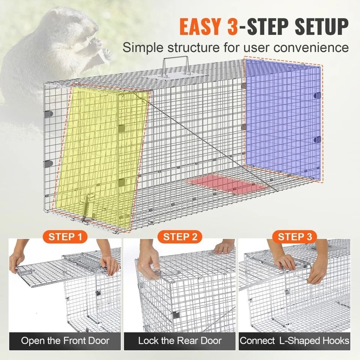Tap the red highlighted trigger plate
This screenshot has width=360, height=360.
[x=227, y=184]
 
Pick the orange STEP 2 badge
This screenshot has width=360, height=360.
[x=180, y=237]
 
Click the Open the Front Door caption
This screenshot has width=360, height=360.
[x=65, y=341]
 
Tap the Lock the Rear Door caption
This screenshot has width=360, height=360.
[x=180, y=341]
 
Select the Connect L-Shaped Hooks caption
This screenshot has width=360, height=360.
[x=295, y=341]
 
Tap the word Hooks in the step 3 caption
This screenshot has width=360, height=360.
[x=333, y=341]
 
